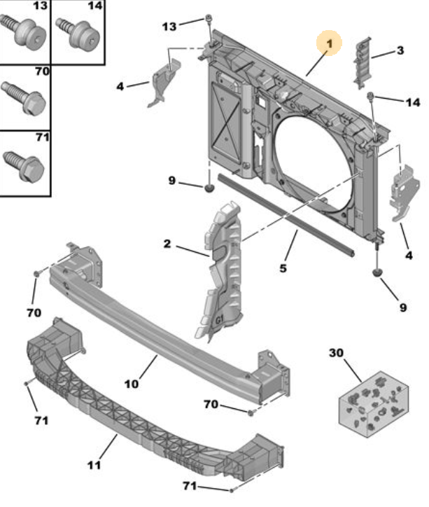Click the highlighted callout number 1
pyautogui.click(x=329, y=43)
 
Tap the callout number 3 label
pyautogui.click(x=400, y=50)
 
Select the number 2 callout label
pyautogui.click(x=167, y=244)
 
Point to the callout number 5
pyautogui.click(x=283, y=268)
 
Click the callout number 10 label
pyautogui.click(x=132, y=384)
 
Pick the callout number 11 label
pyautogui.click(x=94, y=465)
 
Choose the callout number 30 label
pyautogui.click(x=336, y=352)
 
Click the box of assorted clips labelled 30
pyautogui.click(x=374, y=404)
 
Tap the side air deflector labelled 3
pyautogui.click(x=363, y=62)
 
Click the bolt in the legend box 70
pyautogui.click(x=24, y=98)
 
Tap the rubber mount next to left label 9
pyautogui.click(x=210, y=188)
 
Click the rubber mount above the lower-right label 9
pyautogui.click(x=377, y=273)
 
